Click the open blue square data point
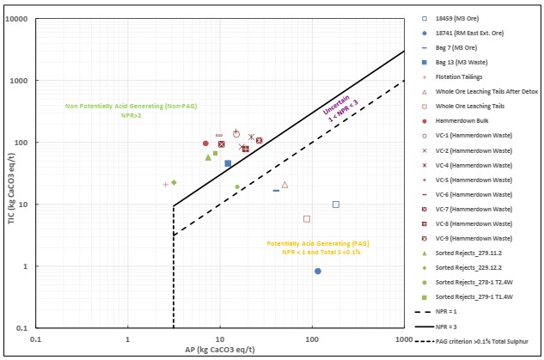pyautogui.click(x=336, y=204)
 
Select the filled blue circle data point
pyautogui.click(x=318, y=272)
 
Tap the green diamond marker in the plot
pyautogui.click(x=174, y=182)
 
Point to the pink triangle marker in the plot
pyautogui.click(x=284, y=185)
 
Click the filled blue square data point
pyautogui.click(x=228, y=163)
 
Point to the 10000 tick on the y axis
pyautogui.click(x=20, y=19)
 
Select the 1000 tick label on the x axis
pyautogui.click(x=404, y=339)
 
